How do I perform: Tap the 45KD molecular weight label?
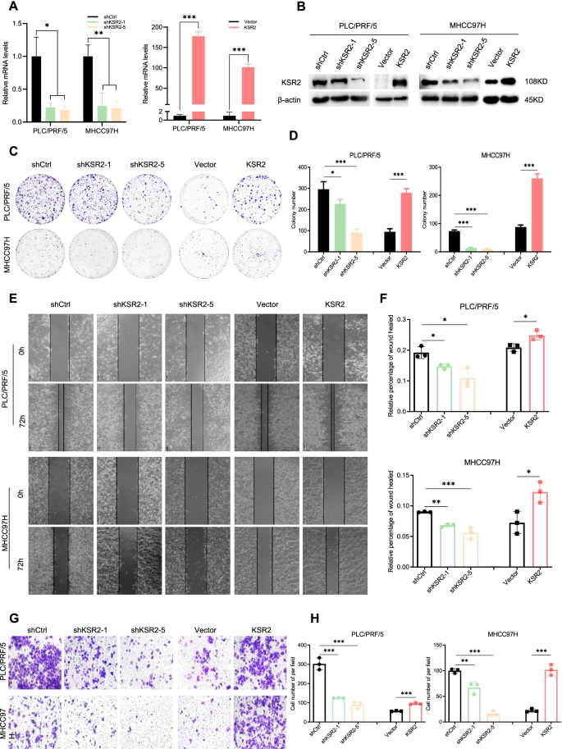536,102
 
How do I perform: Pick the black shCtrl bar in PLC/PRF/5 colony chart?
324,203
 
